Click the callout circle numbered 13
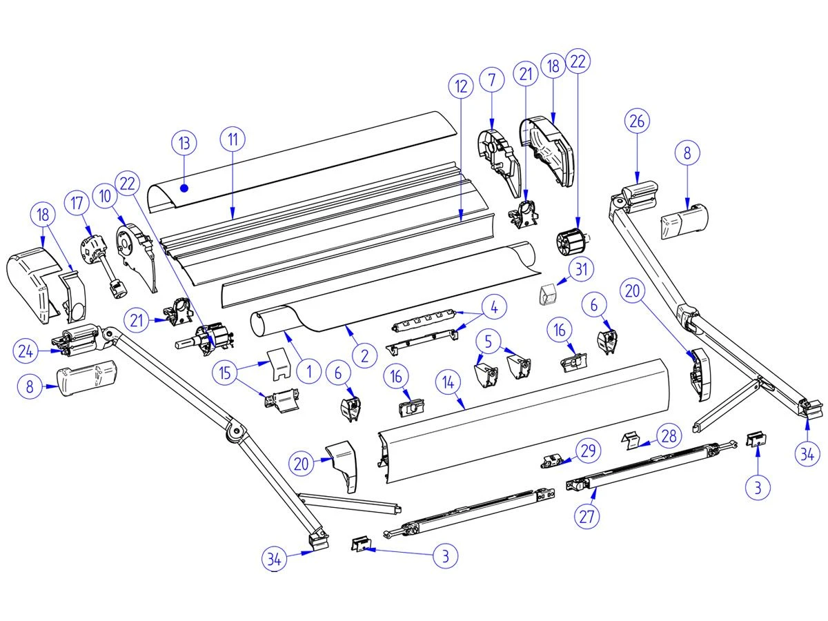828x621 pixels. (x=184, y=144)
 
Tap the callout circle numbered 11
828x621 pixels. (x=233, y=139)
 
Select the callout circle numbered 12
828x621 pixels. (x=461, y=87)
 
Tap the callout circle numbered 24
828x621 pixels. (x=26, y=351)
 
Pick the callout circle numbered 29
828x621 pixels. (x=587, y=452)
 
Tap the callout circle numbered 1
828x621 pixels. (x=309, y=372)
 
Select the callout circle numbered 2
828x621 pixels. (x=364, y=355)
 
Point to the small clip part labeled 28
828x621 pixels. (x=630, y=440)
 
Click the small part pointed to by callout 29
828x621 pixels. (x=554, y=461)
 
